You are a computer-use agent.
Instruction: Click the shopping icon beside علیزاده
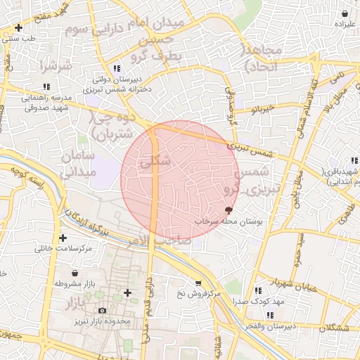pos(345,13)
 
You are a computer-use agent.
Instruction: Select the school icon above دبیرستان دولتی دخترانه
pos(117,68)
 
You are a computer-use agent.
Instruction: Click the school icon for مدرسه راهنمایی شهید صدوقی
pos(46,86)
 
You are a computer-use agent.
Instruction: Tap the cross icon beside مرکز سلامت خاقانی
pos(64,238)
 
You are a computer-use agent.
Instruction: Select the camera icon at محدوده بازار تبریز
pos(103,310)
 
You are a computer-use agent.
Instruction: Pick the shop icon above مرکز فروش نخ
pos(199,283)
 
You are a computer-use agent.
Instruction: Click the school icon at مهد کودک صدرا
pos(259,290)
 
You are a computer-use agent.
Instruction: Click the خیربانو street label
pos(258,110)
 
